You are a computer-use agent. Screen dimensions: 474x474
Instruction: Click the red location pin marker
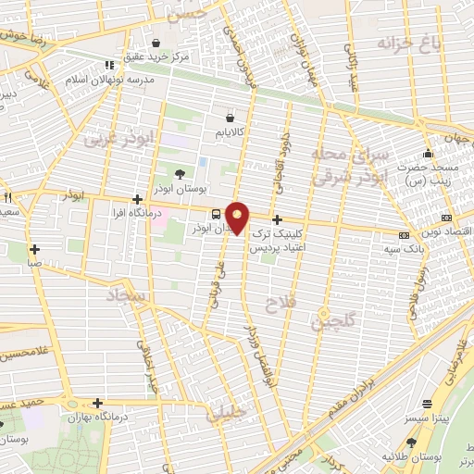coord(238,217)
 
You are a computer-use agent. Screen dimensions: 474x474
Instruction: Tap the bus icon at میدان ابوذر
coord(216,215)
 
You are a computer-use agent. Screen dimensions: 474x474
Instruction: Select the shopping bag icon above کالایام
coord(230,118)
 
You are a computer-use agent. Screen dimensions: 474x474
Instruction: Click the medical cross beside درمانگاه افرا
coord(137,199)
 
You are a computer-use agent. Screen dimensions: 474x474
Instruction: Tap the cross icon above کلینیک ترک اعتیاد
coord(277,219)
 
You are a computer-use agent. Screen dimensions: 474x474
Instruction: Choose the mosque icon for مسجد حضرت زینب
coord(427,154)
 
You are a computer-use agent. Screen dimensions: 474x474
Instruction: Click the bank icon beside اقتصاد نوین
coord(403,236)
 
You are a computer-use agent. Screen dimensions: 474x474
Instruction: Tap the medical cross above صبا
coord(34,248)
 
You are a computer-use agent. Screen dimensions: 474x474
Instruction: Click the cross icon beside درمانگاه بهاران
coord(96,403)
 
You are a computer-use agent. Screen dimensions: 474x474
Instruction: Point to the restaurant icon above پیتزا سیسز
coord(427,404)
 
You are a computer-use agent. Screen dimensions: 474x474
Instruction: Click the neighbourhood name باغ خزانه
coord(405,43)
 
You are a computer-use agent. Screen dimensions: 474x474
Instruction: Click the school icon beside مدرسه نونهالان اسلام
coord(109,65)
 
